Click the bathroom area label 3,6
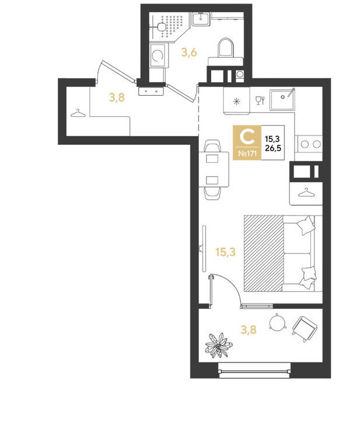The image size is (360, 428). (189, 52)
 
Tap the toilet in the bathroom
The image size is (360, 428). (226, 51)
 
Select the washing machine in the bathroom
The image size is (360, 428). (158, 55)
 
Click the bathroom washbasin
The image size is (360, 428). (201, 19)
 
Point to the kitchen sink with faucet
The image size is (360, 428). (282, 100)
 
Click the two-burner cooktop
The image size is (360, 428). (310, 144)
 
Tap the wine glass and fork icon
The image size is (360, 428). (260, 100)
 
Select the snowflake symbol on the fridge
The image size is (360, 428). (236, 102)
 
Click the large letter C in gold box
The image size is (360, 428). (247, 137)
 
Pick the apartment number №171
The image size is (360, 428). (247, 154)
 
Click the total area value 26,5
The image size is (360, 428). (272, 148)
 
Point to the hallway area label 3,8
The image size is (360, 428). (117, 97)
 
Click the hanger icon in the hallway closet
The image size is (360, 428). (78, 113)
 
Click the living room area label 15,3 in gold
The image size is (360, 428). (225, 252)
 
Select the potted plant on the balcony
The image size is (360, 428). (218, 346)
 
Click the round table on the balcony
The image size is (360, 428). (277, 322)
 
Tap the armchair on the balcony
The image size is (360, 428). (305, 328)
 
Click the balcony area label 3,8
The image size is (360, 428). (249, 329)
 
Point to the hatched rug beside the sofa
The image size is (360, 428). (264, 253)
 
